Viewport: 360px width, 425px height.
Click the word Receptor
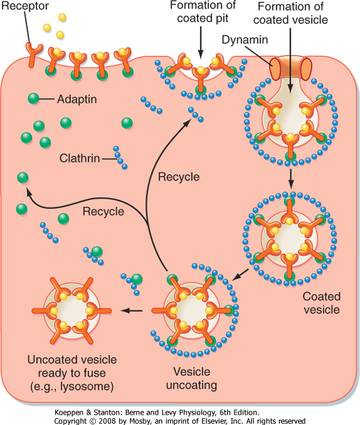tap(25, 6)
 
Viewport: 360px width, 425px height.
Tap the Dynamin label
tap(245, 39)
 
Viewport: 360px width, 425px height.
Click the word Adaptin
tap(77, 99)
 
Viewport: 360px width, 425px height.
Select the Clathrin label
tap(80, 158)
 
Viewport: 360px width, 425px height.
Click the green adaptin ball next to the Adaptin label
tap(33, 98)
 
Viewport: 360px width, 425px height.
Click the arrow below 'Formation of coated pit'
tap(200, 42)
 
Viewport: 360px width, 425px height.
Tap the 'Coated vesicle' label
tap(322, 303)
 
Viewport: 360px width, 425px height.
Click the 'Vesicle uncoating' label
tap(192, 378)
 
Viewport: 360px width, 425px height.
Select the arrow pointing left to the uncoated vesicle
tap(132, 311)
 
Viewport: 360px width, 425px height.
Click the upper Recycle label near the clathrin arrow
tap(179, 177)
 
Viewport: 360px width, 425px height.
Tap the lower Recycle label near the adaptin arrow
tap(103, 211)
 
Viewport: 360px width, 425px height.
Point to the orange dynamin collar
tap(290, 68)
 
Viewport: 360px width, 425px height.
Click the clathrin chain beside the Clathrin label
tap(120, 158)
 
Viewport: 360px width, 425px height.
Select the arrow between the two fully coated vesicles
tap(291, 179)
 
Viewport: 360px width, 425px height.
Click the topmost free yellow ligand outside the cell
tap(62, 17)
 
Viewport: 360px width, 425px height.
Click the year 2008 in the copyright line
tap(107, 421)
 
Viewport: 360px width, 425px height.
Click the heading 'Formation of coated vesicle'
tap(290, 13)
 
